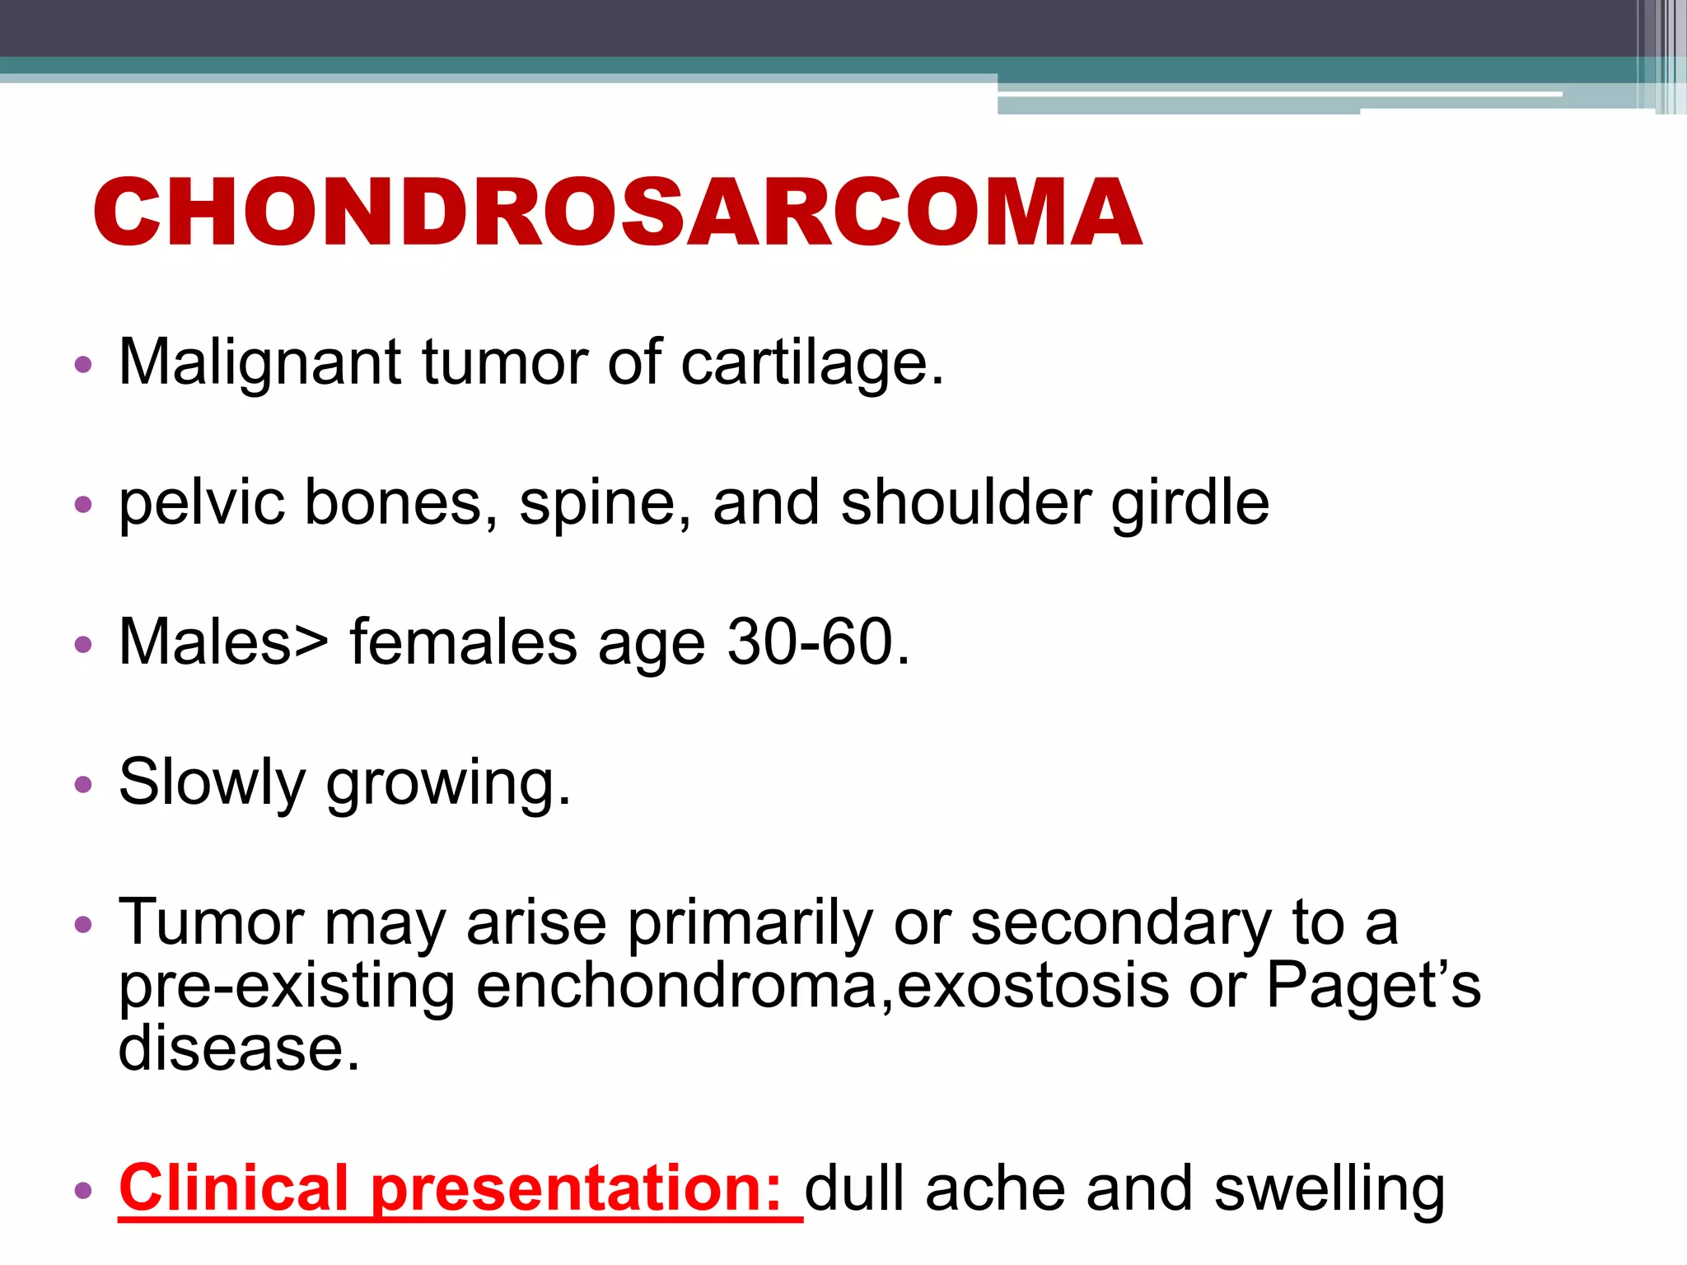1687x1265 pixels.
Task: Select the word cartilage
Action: pos(811,362)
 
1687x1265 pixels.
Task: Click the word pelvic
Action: pos(202,502)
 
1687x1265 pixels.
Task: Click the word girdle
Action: pos(1190,502)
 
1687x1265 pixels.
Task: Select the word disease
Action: pos(239,1048)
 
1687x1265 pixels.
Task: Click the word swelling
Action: pos(1330,1188)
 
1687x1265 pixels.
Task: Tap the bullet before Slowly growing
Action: pos(83,784)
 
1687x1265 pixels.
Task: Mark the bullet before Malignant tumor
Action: pos(83,364)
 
